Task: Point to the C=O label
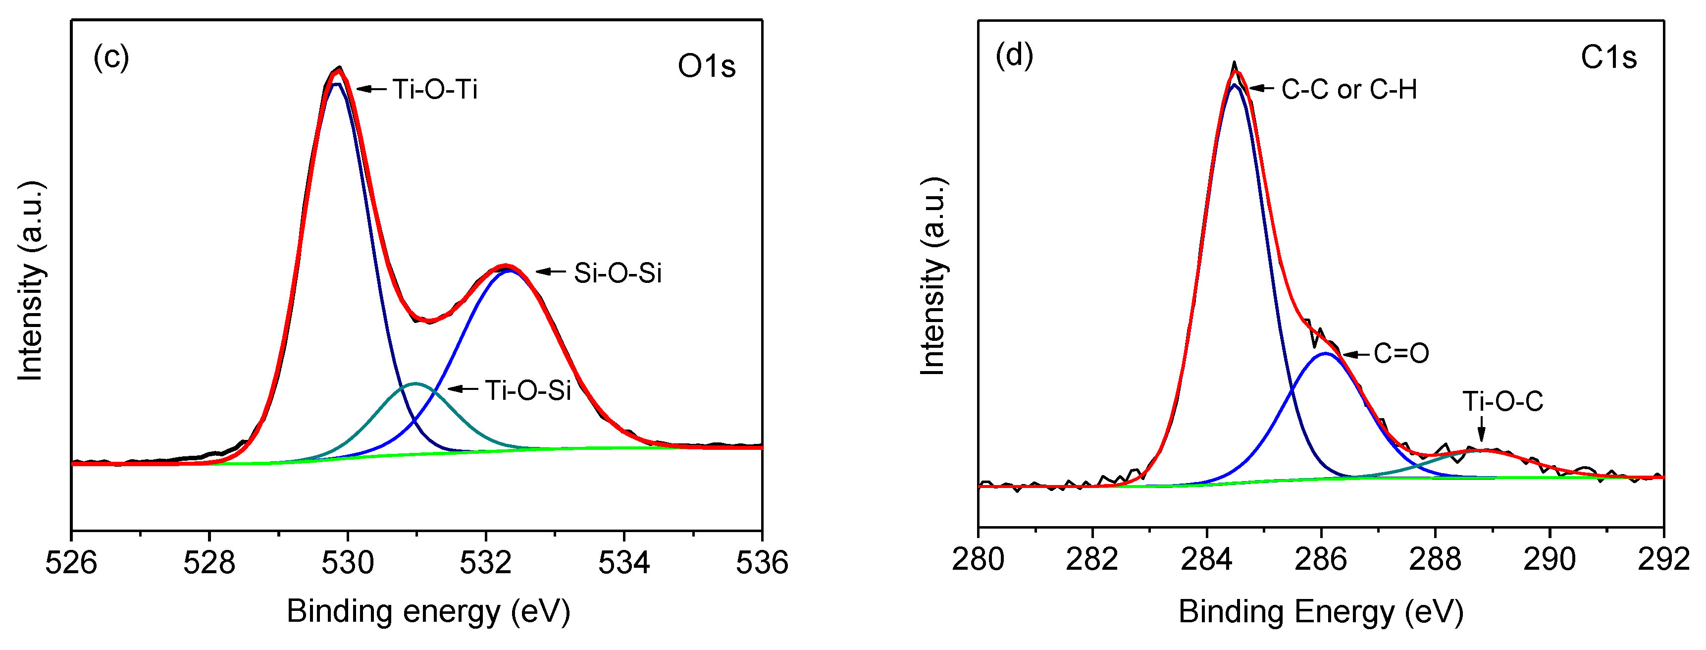pyautogui.click(x=1400, y=353)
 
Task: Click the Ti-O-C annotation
pyautogui.click(x=1502, y=401)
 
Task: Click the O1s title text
pyautogui.click(x=707, y=65)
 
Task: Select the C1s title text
pyautogui.click(x=1608, y=57)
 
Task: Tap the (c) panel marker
pyautogui.click(x=110, y=57)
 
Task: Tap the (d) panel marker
pyautogui.click(x=1014, y=54)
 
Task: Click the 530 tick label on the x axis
pyautogui.click(x=348, y=562)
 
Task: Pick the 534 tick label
pyautogui.click(x=624, y=562)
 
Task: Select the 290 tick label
pyautogui.click(x=1549, y=560)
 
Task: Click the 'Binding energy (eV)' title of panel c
pyautogui.click(x=428, y=611)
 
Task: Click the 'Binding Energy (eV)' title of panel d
pyautogui.click(x=1321, y=611)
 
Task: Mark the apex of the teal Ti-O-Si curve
pyautogui.click(x=415, y=383)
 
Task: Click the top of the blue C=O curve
pyautogui.click(x=1325, y=353)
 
